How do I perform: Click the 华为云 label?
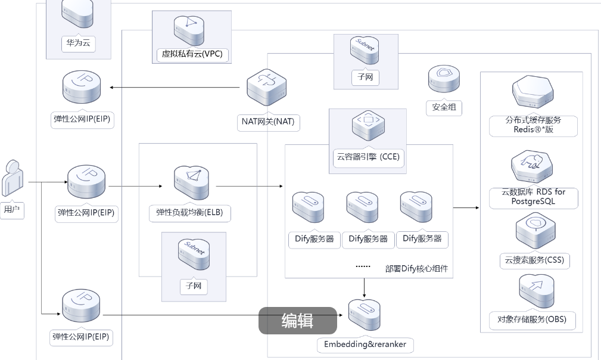(78, 44)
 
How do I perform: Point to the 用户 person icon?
(12, 177)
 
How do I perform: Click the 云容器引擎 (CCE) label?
(368, 157)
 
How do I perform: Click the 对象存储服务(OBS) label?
(532, 319)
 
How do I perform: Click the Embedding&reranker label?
(365, 345)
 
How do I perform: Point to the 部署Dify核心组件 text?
(416, 269)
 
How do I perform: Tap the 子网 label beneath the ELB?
(193, 287)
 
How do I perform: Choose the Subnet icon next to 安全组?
(364, 51)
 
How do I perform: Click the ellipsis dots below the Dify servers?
(363, 266)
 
